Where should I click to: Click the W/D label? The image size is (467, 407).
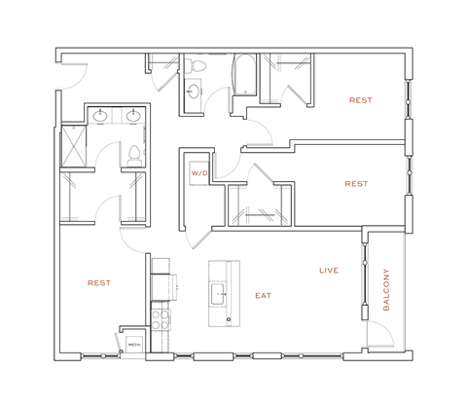[200, 172]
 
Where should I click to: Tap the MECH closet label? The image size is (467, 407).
[131, 342]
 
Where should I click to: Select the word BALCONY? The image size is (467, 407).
[386, 290]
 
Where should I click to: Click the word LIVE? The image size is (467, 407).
[329, 270]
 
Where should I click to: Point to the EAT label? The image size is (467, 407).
[263, 294]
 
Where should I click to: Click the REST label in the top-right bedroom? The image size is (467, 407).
[360, 100]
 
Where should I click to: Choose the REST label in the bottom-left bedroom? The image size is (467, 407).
[98, 283]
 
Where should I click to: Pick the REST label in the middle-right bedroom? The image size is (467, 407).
[356, 183]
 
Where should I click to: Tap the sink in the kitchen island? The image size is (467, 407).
[220, 292]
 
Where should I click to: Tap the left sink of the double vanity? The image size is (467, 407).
[102, 118]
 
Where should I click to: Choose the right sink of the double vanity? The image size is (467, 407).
[131, 118]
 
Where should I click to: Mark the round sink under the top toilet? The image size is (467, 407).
[194, 92]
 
